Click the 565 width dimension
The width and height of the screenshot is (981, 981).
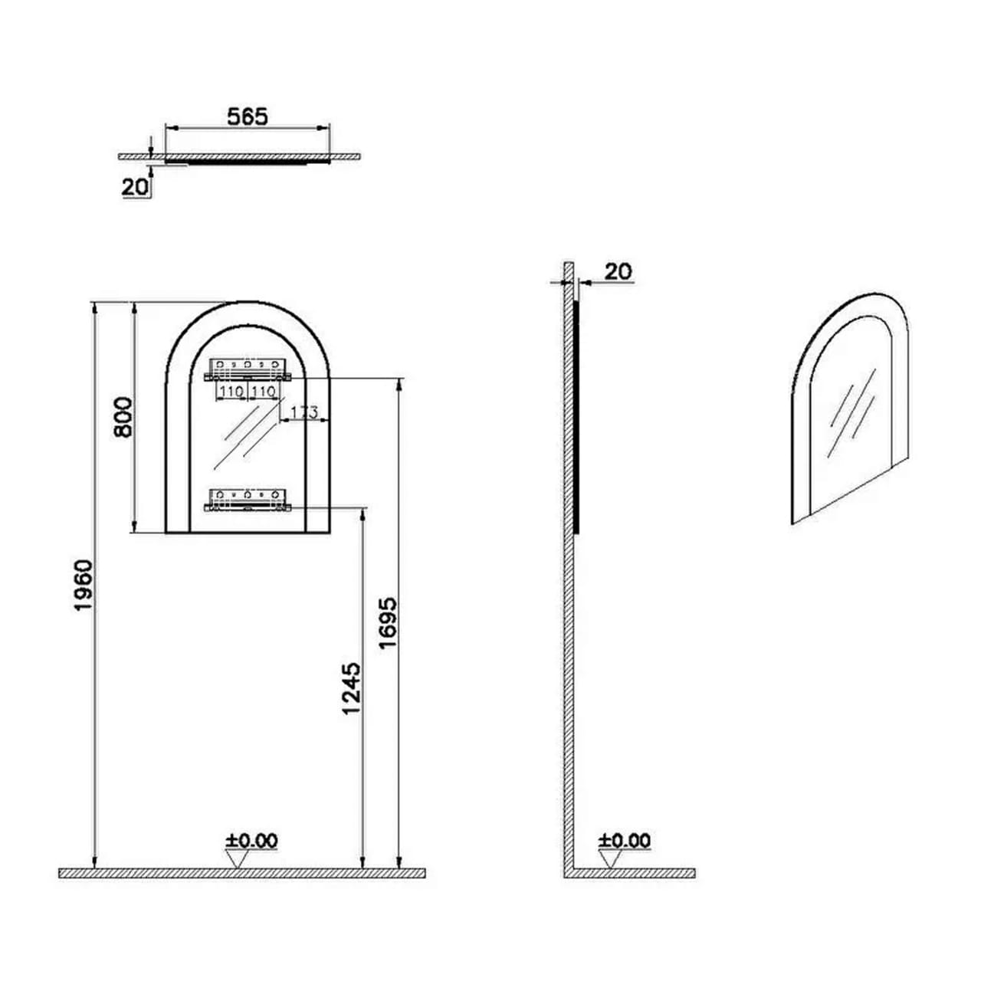(x=248, y=116)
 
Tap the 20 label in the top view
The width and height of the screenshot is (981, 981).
(x=135, y=187)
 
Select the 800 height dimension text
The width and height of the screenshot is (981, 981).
(x=123, y=416)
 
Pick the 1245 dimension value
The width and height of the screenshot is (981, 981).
(x=351, y=688)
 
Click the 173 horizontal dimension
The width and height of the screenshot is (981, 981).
(x=304, y=412)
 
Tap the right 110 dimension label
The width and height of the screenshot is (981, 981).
(x=263, y=392)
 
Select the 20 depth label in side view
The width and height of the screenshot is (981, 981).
(x=618, y=271)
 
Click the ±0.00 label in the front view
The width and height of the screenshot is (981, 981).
(x=251, y=841)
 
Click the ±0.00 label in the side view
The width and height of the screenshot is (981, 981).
(x=624, y=841)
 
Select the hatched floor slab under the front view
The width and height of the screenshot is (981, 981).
(x=242, y=873)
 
